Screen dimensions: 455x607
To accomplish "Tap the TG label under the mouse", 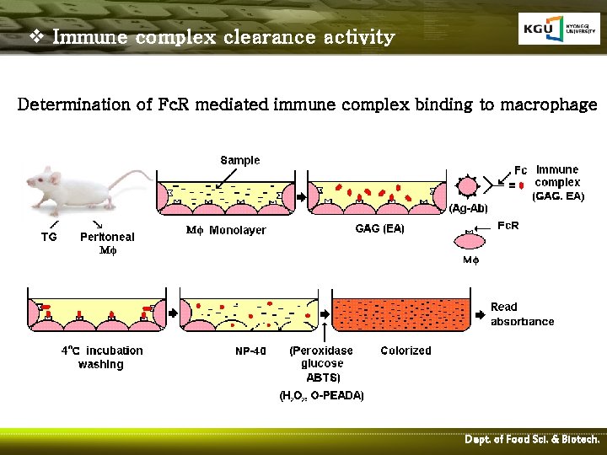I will [x=50, y=238].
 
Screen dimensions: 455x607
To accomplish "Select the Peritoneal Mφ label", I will [x=107, y=244].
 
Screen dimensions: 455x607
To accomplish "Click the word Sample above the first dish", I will [x=240, y=160].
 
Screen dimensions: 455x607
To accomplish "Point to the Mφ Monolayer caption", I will [x=225, y=230].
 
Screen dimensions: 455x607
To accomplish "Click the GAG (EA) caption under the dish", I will [x=379, y=228].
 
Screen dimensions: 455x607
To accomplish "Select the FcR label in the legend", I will [x=508, y=226].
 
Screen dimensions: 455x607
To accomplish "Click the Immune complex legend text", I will [x=557, y=176].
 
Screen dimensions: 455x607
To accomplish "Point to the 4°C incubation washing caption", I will [x=102, y=357].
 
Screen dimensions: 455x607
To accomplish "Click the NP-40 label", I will [x=250, y=351].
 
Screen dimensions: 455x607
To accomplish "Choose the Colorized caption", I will [x=406, y=351].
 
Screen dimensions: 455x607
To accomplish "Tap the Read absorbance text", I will [x=522, y=313].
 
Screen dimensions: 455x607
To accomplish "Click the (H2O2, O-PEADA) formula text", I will [x=322, y=396].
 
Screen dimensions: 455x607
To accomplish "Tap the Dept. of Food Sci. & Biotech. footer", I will [x=532, y=440].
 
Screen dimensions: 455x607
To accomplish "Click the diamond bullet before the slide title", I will [x=35, y=37].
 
